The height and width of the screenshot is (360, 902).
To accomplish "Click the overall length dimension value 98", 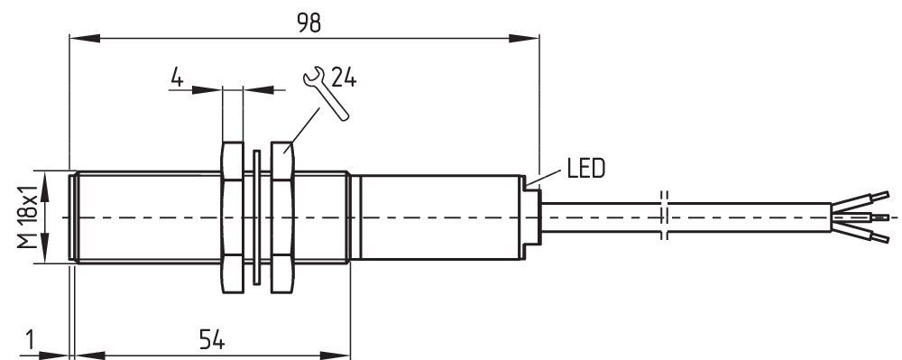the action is tap(308, 23).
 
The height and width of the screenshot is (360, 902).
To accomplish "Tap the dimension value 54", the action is tap(212, 340).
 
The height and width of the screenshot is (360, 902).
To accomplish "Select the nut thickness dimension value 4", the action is tap(177, 77).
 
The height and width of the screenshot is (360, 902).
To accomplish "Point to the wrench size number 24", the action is tap(344, 78).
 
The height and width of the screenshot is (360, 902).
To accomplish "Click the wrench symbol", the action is tap(325, 93).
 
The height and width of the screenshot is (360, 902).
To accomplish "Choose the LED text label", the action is tap(586, 169).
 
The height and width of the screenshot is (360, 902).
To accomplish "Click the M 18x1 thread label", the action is tap(27, 217).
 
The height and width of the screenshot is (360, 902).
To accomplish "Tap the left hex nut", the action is tap(233, 217).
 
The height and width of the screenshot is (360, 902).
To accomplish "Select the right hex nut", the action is tap(282, 217).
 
